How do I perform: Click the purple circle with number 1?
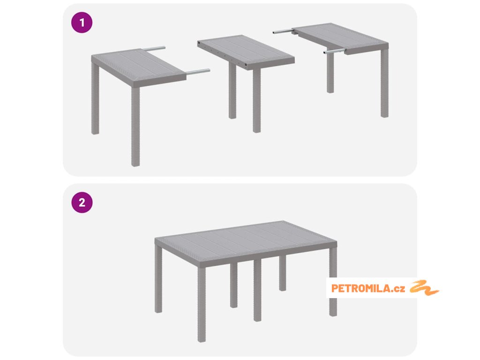[82, 22]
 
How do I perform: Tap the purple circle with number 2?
[82, 202]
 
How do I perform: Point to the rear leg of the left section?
[95, 98]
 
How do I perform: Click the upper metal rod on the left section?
[153, 48]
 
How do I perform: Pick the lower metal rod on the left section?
[198, 72]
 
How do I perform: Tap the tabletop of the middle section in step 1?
[246, 52]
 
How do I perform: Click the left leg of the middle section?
[232, 90]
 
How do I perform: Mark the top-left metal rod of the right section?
[283, 31]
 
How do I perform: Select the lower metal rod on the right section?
[335, 51]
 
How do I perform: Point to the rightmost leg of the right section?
[385, 82]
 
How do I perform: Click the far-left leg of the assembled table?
[158, 279]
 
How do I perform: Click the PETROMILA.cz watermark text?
[368, 288]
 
